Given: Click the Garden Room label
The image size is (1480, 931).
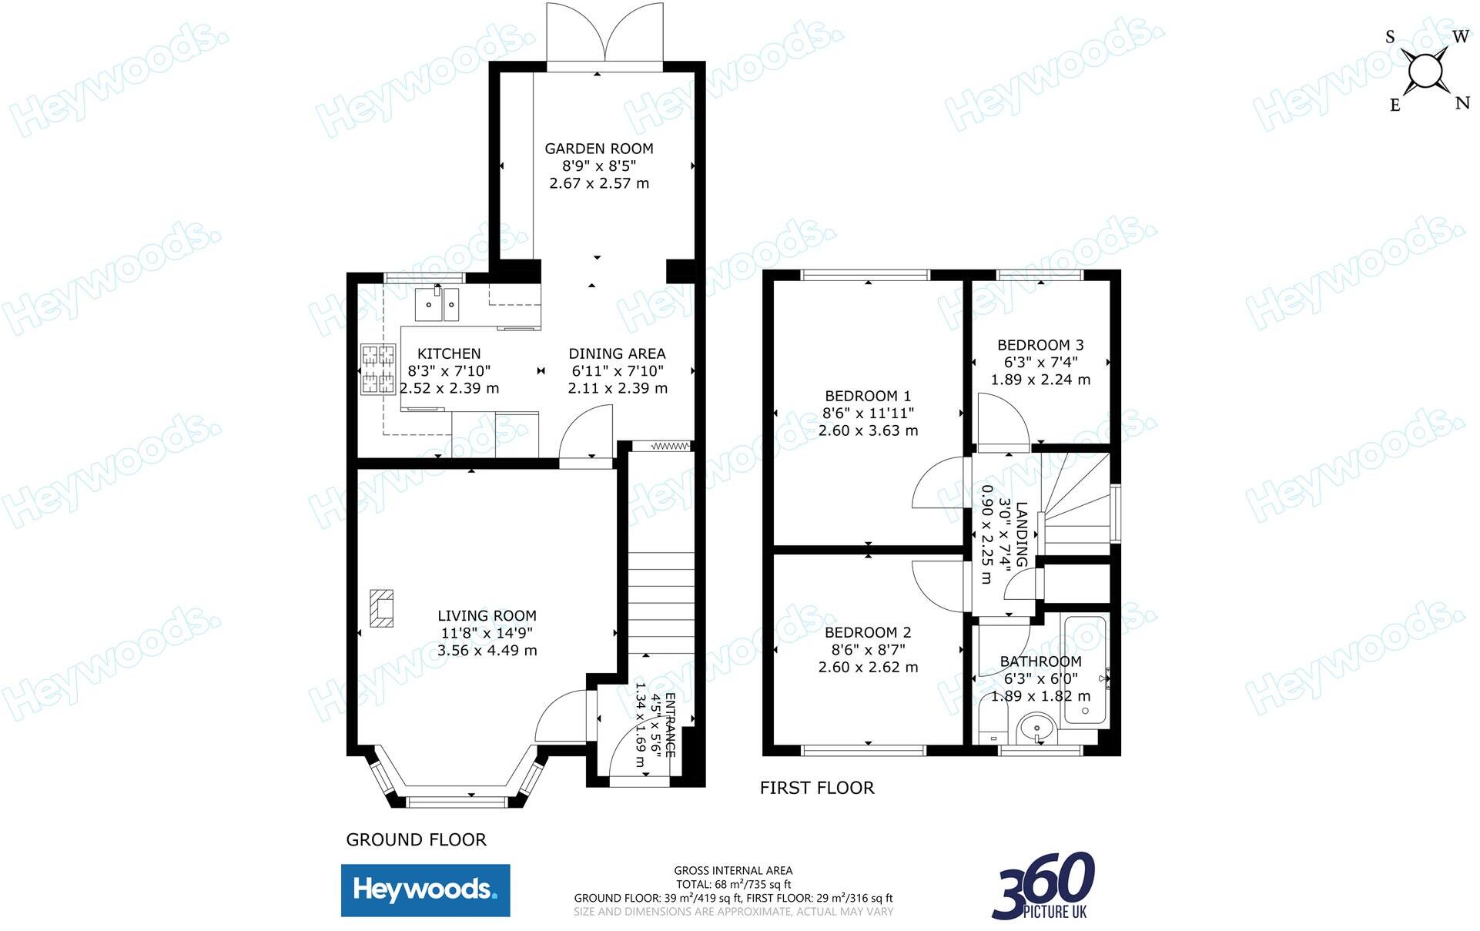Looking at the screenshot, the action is pos(599,149).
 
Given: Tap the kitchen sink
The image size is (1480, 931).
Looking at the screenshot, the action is pos(437,303).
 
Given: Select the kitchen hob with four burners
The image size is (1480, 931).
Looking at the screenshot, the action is pos(378,370).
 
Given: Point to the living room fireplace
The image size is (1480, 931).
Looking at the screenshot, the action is pos(381,608).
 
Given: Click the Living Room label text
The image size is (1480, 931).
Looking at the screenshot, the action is pos(487,616).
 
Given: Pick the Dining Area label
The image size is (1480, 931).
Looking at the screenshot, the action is pos(617,353).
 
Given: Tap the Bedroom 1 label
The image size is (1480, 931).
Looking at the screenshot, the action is pos(868,396).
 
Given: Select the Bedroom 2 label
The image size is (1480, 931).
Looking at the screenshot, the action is pos(868,632).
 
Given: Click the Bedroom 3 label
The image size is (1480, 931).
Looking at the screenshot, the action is pos(1040,345).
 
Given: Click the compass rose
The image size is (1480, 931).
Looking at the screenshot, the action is pos(1425,72).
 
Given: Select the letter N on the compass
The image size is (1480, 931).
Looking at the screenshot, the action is pos(1462,103).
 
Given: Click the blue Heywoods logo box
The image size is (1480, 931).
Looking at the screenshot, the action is pos(425,890).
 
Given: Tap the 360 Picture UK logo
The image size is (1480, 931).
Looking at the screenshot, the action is pos(1043,886).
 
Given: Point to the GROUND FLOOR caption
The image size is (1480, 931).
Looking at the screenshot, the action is pos(416,839).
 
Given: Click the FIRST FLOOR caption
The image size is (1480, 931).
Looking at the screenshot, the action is pos(817,788).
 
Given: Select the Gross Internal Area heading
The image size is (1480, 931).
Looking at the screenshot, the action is pos(733,870).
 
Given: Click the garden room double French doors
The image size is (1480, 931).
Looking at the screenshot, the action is pos(604,35).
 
